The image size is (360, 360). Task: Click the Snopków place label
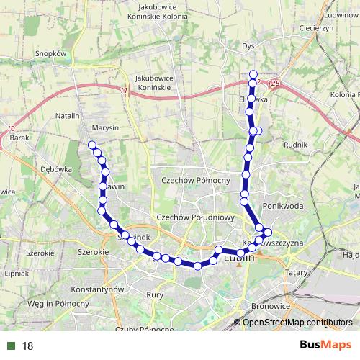click(50, 53)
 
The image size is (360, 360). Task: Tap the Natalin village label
click(67, 115)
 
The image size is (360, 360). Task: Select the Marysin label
click(105, 127)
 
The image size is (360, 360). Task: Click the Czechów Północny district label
click(195, 181)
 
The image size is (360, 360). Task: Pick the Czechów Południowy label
click(196, 217)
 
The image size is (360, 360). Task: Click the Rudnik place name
click(296, 145)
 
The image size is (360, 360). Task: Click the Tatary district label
click(296, 273)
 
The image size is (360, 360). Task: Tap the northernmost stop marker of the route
click(253, 73)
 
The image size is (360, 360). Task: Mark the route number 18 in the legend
click(28, 346)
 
